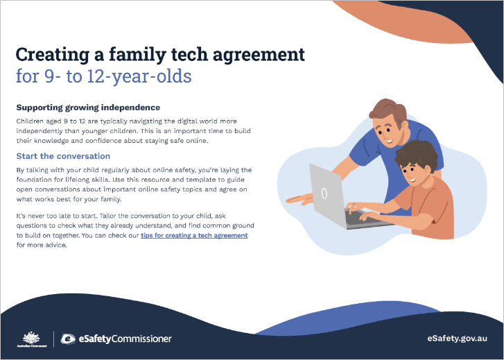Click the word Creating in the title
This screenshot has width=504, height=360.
(x=53, y=55)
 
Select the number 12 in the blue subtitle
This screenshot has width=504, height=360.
(x=95, y=76)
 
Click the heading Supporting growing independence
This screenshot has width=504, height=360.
(x=88, y=108)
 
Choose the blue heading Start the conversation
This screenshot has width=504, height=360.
(x=63, y=156)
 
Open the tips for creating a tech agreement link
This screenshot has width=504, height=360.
(x=194, y=235)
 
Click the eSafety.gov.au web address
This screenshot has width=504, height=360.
(x=457, y=338)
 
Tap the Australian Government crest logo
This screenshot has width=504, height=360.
(x=31, y=338)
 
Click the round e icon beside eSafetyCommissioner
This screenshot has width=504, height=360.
(x=68, y=338)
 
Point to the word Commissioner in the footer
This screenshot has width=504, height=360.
(x=141, y=338)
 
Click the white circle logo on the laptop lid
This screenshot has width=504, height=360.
(x=324, y=193)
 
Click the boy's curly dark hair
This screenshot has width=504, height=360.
(x=417, y=155)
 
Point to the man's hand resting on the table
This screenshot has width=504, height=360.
(x=299, y=199)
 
